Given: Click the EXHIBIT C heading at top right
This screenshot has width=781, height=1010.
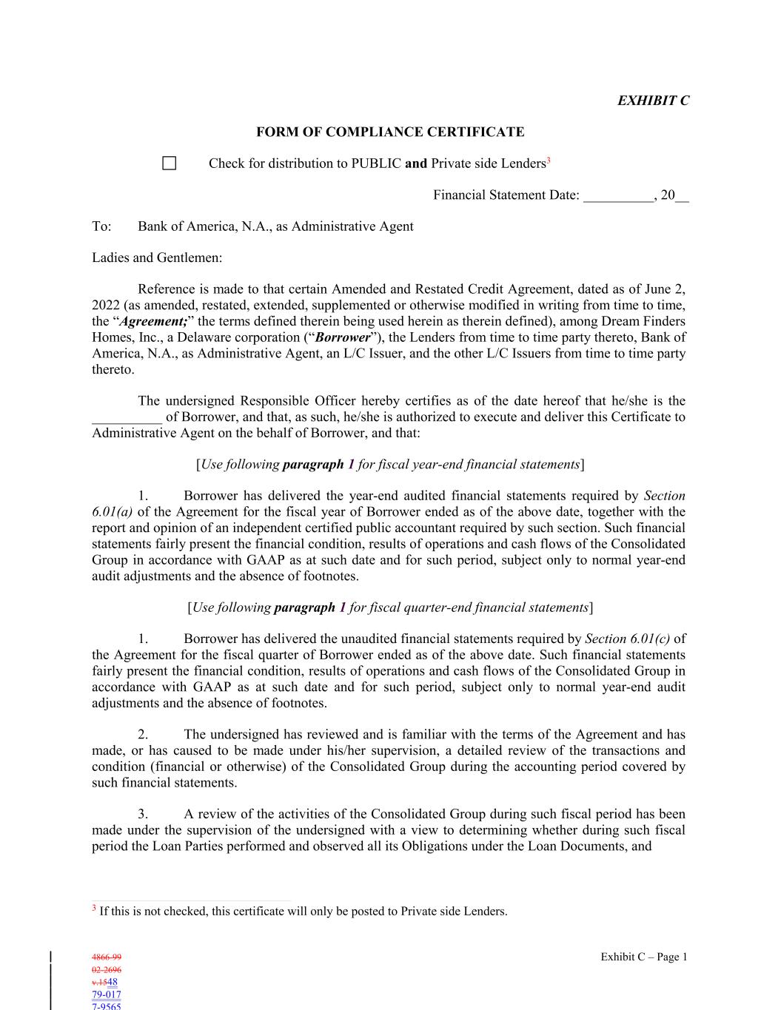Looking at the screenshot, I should (653, 101).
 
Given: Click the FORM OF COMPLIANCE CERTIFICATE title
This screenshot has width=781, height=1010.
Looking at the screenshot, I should (390, 132).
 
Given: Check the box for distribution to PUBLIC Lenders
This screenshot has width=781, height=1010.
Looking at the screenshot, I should (170, 164).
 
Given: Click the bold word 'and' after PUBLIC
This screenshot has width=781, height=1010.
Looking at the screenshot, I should (416, 164).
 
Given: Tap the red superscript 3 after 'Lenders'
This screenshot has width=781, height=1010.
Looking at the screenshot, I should (549, 161).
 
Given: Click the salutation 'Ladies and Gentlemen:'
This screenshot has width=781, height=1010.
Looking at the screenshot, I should (157, 258).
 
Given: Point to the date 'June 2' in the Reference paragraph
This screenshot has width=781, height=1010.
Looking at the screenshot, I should (668, 289).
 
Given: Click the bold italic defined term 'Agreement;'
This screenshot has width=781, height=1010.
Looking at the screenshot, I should (153, 322).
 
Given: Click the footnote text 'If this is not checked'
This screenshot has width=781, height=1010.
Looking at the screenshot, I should (153, 912).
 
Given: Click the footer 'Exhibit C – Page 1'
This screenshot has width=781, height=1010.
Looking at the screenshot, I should (643, 957).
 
